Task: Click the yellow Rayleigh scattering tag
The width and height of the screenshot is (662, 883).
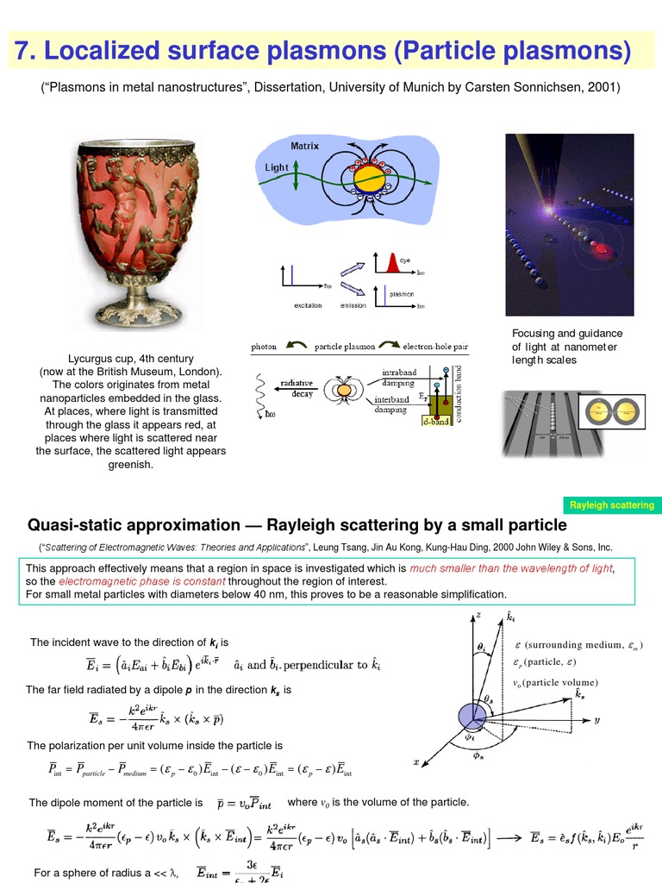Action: point(612,505)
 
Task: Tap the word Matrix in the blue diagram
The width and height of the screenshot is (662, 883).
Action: point(304,147)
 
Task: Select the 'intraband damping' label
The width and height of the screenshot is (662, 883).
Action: point(397,376)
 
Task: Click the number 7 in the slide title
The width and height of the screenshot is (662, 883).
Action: point(23,52)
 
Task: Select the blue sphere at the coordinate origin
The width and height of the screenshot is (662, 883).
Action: point(472,715)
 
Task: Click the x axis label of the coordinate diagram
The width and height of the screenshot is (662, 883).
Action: point(416,762)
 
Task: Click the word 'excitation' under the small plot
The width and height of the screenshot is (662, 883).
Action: point(308,305)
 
